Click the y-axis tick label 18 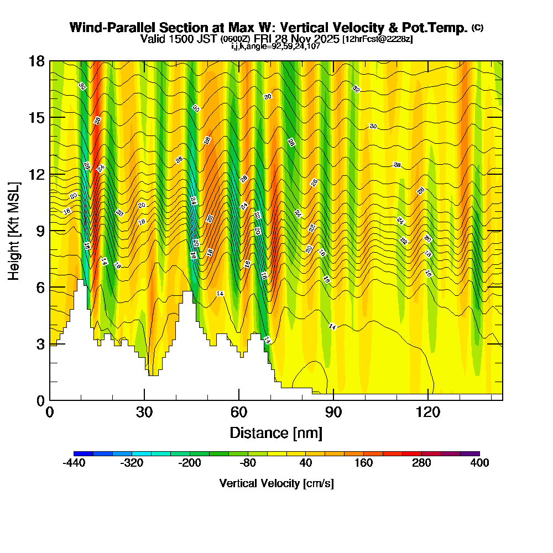pos(36,61)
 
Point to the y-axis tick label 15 pos(36,118)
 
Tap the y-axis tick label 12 pos(36,174)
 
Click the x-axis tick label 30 pos(144,412)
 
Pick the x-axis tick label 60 pos(239,412)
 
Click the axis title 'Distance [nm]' pos(276,432)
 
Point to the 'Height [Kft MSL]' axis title pos(14,230)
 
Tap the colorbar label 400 pos(479,463)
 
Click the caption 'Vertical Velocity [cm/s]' pos(276,483)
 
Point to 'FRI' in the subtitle pos(263,39)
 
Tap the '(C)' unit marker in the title pos(477,28)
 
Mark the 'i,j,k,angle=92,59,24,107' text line pos(276,46)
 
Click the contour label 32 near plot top pos(356,89)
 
